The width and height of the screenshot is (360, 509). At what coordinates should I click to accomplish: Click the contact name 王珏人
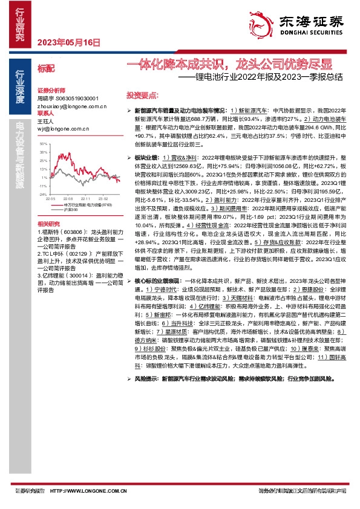(46, 122)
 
